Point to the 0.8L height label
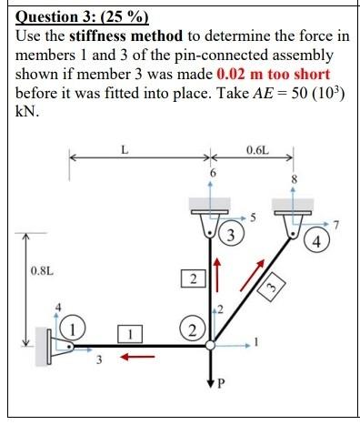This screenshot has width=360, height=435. (42, 270)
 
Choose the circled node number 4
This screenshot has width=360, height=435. (315, 243)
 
